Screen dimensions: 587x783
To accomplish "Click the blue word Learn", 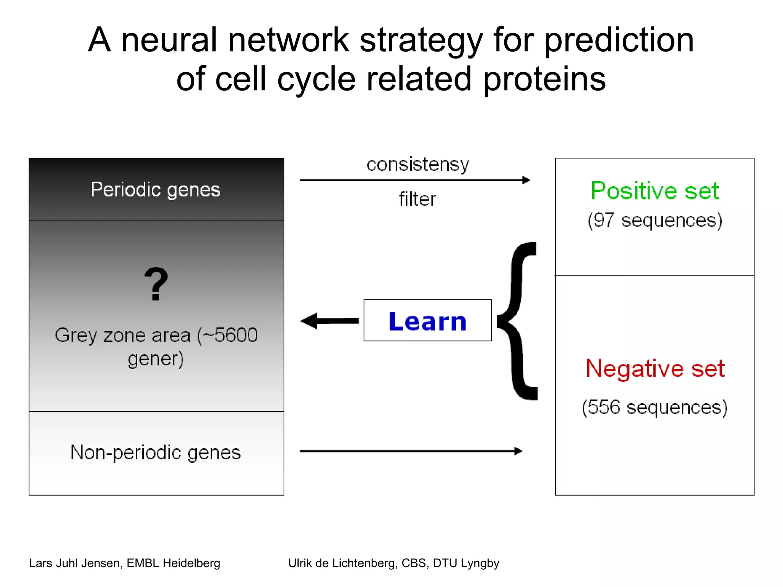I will [427, 321].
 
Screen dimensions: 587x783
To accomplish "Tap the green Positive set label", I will [655, 191].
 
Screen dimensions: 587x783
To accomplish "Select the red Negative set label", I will [655, 368].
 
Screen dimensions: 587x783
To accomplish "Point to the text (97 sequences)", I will [655, 221].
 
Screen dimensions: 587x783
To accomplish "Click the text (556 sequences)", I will [655, 407].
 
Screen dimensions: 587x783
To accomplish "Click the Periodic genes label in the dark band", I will [156, 190].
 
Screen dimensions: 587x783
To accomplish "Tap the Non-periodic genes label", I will [156, 452].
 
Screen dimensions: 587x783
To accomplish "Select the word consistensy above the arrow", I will [417, 165].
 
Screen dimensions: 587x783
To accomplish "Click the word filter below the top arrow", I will [417, 199].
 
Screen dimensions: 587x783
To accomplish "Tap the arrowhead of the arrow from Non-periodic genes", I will [518, 451].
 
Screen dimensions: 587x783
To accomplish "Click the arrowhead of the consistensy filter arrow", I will [526, 180].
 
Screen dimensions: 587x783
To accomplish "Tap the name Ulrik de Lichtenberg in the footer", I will [342, 563].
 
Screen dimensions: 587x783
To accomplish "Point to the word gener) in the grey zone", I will [156, 359].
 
